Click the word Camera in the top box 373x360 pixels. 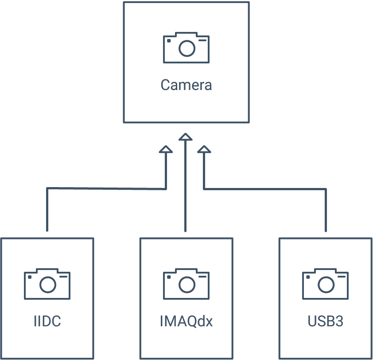click(186, 85)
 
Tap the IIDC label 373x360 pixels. click(47, 321)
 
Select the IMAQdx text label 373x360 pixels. click(186, 321)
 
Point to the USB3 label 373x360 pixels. click(326, 321)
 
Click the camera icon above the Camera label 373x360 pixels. click(186, 47)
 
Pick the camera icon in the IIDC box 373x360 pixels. click(47, 284)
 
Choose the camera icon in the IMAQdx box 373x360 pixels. click(186, 284)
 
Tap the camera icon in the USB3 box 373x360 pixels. click(326, 284)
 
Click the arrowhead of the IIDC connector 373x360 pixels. click(166, 149)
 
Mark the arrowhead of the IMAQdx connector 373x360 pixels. click(186, 137)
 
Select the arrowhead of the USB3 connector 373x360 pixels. click(204, 149)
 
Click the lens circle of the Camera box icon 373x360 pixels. click(187, 48)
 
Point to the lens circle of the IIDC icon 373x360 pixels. click(48, 285)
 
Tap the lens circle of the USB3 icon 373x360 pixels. click(326, 285)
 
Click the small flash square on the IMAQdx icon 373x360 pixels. click(169, 277)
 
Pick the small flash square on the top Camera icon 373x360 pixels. click(169, 41)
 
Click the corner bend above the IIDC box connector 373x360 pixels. click(47, 188)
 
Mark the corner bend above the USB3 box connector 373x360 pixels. click(326, 189)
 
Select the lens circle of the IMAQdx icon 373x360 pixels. click(187, 285)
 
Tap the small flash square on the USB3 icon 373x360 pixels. click(308, 277)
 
